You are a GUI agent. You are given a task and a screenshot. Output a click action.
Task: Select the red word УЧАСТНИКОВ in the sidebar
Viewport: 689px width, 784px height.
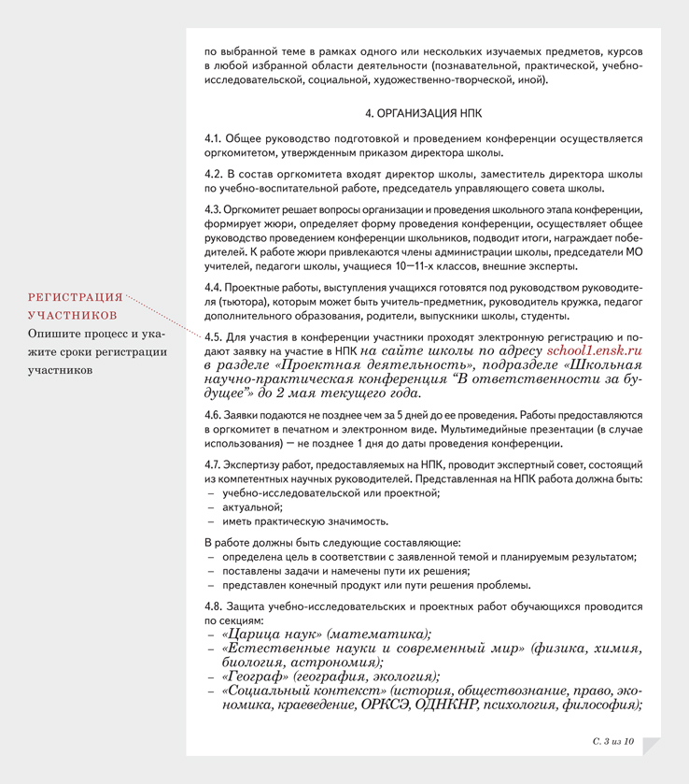pos(73,316)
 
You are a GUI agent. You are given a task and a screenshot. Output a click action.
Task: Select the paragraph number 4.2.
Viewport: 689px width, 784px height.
pos(215,174)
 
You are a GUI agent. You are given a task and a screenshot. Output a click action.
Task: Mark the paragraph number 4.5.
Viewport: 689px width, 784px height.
pos(215,336)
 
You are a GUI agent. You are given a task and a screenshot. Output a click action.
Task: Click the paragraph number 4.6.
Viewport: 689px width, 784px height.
pos(215,412)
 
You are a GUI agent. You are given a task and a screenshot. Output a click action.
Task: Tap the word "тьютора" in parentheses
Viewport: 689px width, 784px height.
pos(233,303)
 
